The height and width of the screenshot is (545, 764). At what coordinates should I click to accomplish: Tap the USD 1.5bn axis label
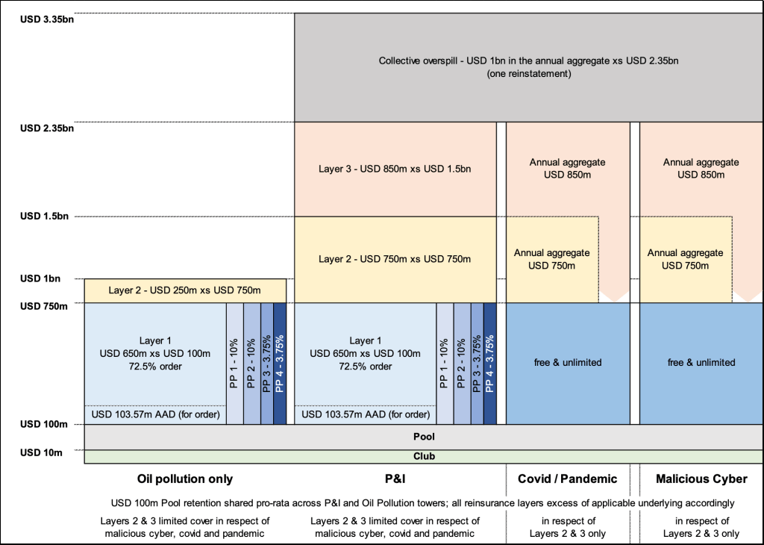[44, 217]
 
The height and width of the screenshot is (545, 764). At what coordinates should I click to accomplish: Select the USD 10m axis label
[41, 452]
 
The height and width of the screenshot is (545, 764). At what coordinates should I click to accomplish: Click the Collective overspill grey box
[528, 67]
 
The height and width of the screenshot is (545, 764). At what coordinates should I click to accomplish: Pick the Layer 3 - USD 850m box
[395, 169]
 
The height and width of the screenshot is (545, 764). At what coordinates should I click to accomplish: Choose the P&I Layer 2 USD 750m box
[395, 259]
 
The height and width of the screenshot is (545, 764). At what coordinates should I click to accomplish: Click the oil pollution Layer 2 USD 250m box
[185, 290]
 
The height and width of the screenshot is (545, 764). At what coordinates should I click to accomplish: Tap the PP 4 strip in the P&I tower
[490, 364]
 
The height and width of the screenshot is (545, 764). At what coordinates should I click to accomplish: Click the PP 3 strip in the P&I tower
[477, 364]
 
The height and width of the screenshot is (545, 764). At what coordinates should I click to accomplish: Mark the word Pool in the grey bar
[423, 437]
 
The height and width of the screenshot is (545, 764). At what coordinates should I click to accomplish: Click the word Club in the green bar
[423, 455]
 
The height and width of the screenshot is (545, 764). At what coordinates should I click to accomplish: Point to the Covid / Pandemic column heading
[568, 479]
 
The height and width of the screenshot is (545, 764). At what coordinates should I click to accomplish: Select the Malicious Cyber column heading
[701, 479]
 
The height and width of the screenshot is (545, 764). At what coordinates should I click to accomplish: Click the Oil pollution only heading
[185, 479]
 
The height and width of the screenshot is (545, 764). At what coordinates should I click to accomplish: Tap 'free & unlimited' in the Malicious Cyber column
[701, 363]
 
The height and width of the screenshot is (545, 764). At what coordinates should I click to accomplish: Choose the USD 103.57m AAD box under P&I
[365, 414]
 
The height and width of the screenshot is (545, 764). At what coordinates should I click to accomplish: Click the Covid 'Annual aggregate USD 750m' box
[552, 259]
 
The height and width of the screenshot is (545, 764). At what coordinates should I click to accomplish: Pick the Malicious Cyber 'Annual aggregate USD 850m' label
[701, 169]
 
